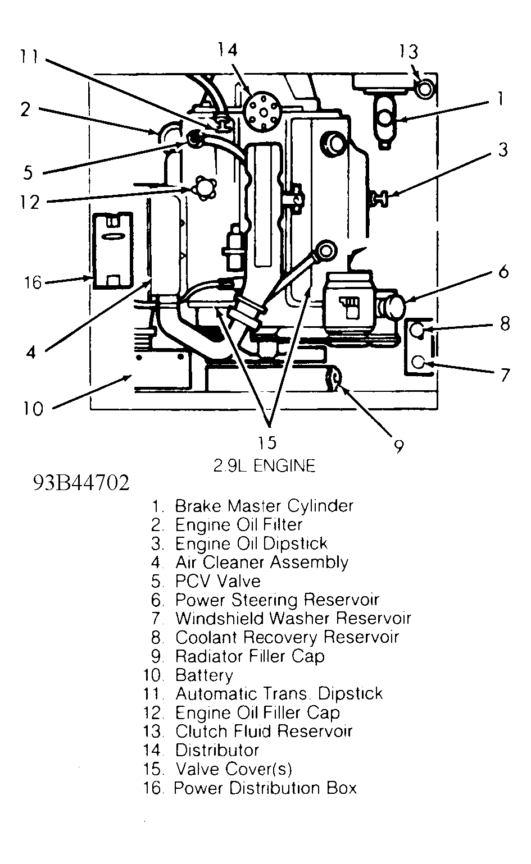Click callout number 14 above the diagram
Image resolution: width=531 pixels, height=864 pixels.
click(228, 50)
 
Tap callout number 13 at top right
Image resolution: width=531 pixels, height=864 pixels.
click(409, 52)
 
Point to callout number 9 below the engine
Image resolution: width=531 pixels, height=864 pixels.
click(398, 446)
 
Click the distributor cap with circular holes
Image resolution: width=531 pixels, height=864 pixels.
click(262, 106)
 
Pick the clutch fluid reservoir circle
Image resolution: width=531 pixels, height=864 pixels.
click(425, 88)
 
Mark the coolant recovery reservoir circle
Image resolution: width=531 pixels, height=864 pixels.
click(417, 330)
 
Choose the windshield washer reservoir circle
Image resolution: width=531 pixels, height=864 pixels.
click(417, 363)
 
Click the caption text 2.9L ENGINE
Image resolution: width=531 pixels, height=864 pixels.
click(264, 465)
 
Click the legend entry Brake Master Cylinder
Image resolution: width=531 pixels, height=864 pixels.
click(264, 506)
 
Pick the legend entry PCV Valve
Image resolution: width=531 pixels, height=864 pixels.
click(217, 581)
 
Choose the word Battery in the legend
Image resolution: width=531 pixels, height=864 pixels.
click(204, 675)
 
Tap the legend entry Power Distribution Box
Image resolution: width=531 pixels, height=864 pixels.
click(265, 788)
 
